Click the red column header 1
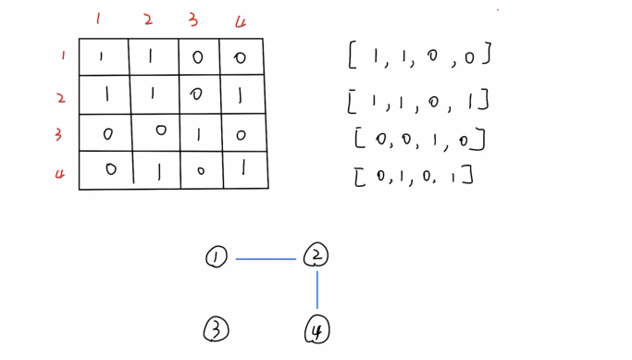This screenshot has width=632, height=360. click(99, 19)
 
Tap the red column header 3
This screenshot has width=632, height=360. click(192, 19)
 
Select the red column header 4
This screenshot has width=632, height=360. click(241, 21)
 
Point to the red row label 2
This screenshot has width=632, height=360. click(61, 97)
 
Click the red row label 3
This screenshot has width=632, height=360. click(58, 135)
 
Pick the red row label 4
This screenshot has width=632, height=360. click(60, 173)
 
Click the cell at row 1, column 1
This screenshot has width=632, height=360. click(103, 57)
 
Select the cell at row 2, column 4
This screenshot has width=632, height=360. click(242, 94)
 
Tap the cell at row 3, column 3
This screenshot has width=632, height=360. click(198, 133)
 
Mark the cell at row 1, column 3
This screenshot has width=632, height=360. click(197, 57)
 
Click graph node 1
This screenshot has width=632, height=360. click(217, 257)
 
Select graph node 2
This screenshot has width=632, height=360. click(316, 254)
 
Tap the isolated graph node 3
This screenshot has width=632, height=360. click(217, 329)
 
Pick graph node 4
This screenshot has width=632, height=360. click(316, 329)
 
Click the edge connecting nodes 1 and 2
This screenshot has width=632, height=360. click(266, 259)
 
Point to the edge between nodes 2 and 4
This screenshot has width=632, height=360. click(317, 290)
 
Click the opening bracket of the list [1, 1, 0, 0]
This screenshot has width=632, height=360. click(352, 56)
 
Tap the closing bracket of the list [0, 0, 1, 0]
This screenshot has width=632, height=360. click(480, 140)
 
